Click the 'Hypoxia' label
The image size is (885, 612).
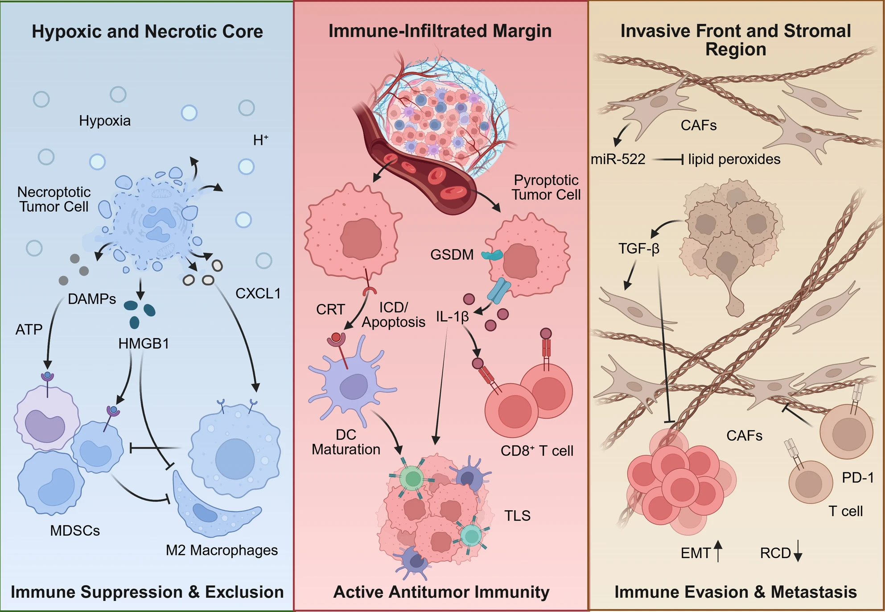[105, 121]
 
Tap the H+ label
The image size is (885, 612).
[261, 140]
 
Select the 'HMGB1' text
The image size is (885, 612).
[144, 343]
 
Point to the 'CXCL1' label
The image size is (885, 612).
[258, 294]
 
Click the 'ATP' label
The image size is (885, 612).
[29, 330]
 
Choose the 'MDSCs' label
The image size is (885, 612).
[75, 530]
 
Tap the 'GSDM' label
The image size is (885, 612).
[452, 255]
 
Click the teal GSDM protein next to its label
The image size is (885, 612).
[492, 255]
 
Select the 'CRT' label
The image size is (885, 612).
[330, 310]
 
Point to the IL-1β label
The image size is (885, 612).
[452, 317]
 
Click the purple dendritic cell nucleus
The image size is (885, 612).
[354, 386]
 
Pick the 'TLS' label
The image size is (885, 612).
[517, 516]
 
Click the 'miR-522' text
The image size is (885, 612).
[618, 159]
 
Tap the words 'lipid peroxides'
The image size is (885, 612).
[734, 159]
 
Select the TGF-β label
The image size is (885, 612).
[639, 248]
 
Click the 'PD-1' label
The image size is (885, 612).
[858, 478]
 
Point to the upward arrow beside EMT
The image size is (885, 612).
[718, 551]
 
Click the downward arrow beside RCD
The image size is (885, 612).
[798, 551]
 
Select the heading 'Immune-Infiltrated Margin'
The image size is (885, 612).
[440, 31]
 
